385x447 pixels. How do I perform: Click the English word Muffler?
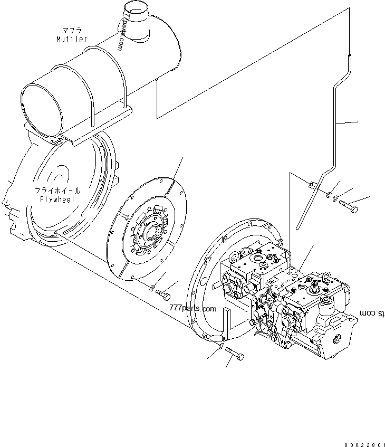point(72,39)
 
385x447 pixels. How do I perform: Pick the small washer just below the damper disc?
point(152,288)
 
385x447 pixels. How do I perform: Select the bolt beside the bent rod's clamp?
point(349,206)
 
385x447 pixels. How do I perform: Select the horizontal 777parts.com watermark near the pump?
point(192,308)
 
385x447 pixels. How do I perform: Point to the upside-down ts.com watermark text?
point(372,313)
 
